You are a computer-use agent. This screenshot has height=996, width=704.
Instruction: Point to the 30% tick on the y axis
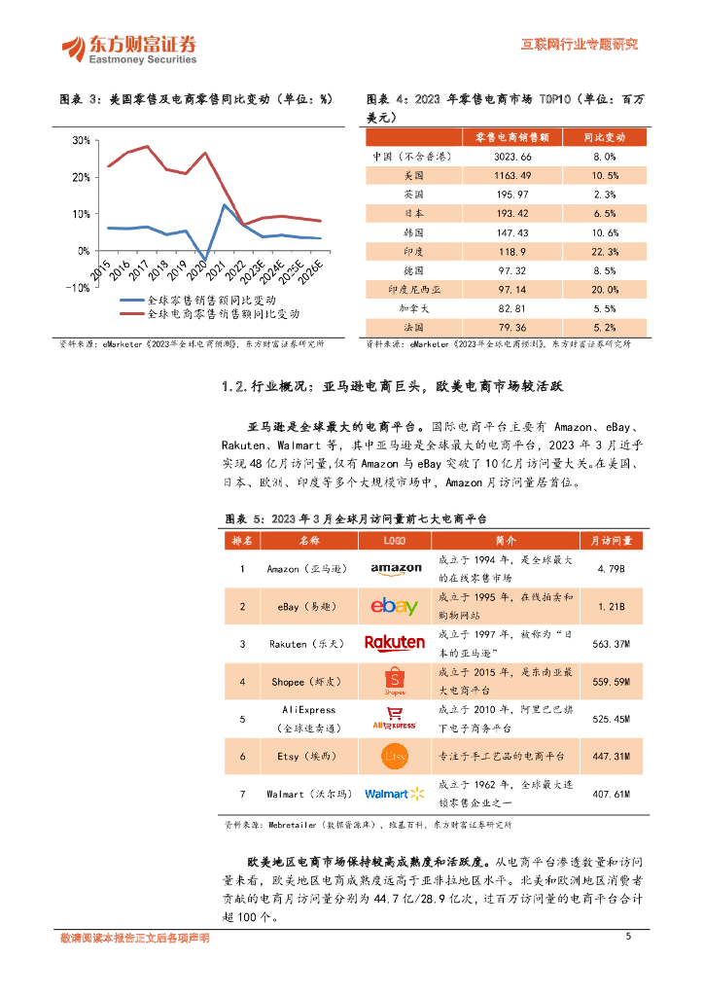click(81, 141)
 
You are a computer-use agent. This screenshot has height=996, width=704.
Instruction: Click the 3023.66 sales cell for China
click(511, 156)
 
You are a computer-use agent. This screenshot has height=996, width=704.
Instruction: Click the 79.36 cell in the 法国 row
click(511, 327)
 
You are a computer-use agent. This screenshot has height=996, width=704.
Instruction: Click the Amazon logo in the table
click(395, 569)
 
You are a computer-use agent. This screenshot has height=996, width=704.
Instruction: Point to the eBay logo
click(394, 606)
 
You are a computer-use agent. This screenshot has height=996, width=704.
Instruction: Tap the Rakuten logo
click(394, 643)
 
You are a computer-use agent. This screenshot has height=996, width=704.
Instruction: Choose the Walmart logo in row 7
click(395, 794)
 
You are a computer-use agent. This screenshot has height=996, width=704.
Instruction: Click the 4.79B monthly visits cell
click(611, 569)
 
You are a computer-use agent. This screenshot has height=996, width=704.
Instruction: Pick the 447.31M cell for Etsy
click(611, 756)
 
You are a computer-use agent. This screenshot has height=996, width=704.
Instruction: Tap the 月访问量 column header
click(611, 540)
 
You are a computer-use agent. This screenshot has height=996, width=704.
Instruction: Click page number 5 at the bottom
click(628, 937)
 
